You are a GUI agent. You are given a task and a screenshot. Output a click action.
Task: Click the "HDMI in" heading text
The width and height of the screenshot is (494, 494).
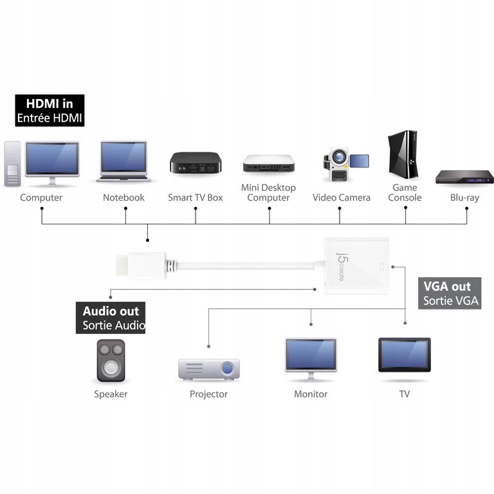click(50, 103)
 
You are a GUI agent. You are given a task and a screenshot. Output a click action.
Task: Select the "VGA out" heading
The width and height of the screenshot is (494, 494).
click(447, 287)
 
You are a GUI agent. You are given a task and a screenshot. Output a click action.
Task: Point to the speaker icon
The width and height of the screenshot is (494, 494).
click(111, 361)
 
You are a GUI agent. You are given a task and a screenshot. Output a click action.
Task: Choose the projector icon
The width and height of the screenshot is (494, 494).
click(208, 369)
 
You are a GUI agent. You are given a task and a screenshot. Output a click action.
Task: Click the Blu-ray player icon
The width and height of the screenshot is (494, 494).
click(464, 177)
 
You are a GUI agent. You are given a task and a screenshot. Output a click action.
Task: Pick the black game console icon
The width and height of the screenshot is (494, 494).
click(403, 158)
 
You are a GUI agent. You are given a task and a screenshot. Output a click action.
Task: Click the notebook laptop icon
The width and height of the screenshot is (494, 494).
click(124, 161)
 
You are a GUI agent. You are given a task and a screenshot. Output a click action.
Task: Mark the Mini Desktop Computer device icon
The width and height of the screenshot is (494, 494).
click(268, 164)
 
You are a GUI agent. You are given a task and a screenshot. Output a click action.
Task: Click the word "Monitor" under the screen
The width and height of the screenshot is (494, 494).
click(311, 394)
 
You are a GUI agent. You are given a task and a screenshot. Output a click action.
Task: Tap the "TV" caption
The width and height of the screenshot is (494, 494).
click(404, 394)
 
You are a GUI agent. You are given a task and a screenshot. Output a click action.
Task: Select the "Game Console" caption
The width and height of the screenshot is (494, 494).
click(405, 192)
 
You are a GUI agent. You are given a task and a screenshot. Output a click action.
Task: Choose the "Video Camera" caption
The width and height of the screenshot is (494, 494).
click(342, 197)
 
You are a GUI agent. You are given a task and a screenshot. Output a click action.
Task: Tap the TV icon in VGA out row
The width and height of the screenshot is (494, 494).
click(404, 356)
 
